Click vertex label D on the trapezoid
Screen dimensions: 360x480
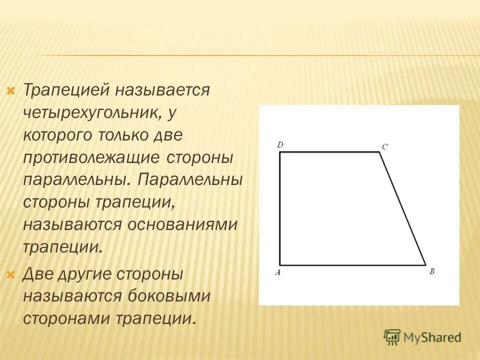tap(280, 145)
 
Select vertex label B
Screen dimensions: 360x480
tap(432, 271)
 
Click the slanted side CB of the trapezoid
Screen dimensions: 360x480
tap(402, 208)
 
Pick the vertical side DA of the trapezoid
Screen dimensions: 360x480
tap(279, 208)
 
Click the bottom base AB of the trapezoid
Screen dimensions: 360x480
tap(352, 265)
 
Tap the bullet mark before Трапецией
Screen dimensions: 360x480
tap(10, 91)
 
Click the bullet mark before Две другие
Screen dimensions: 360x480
tap(10, 274)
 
